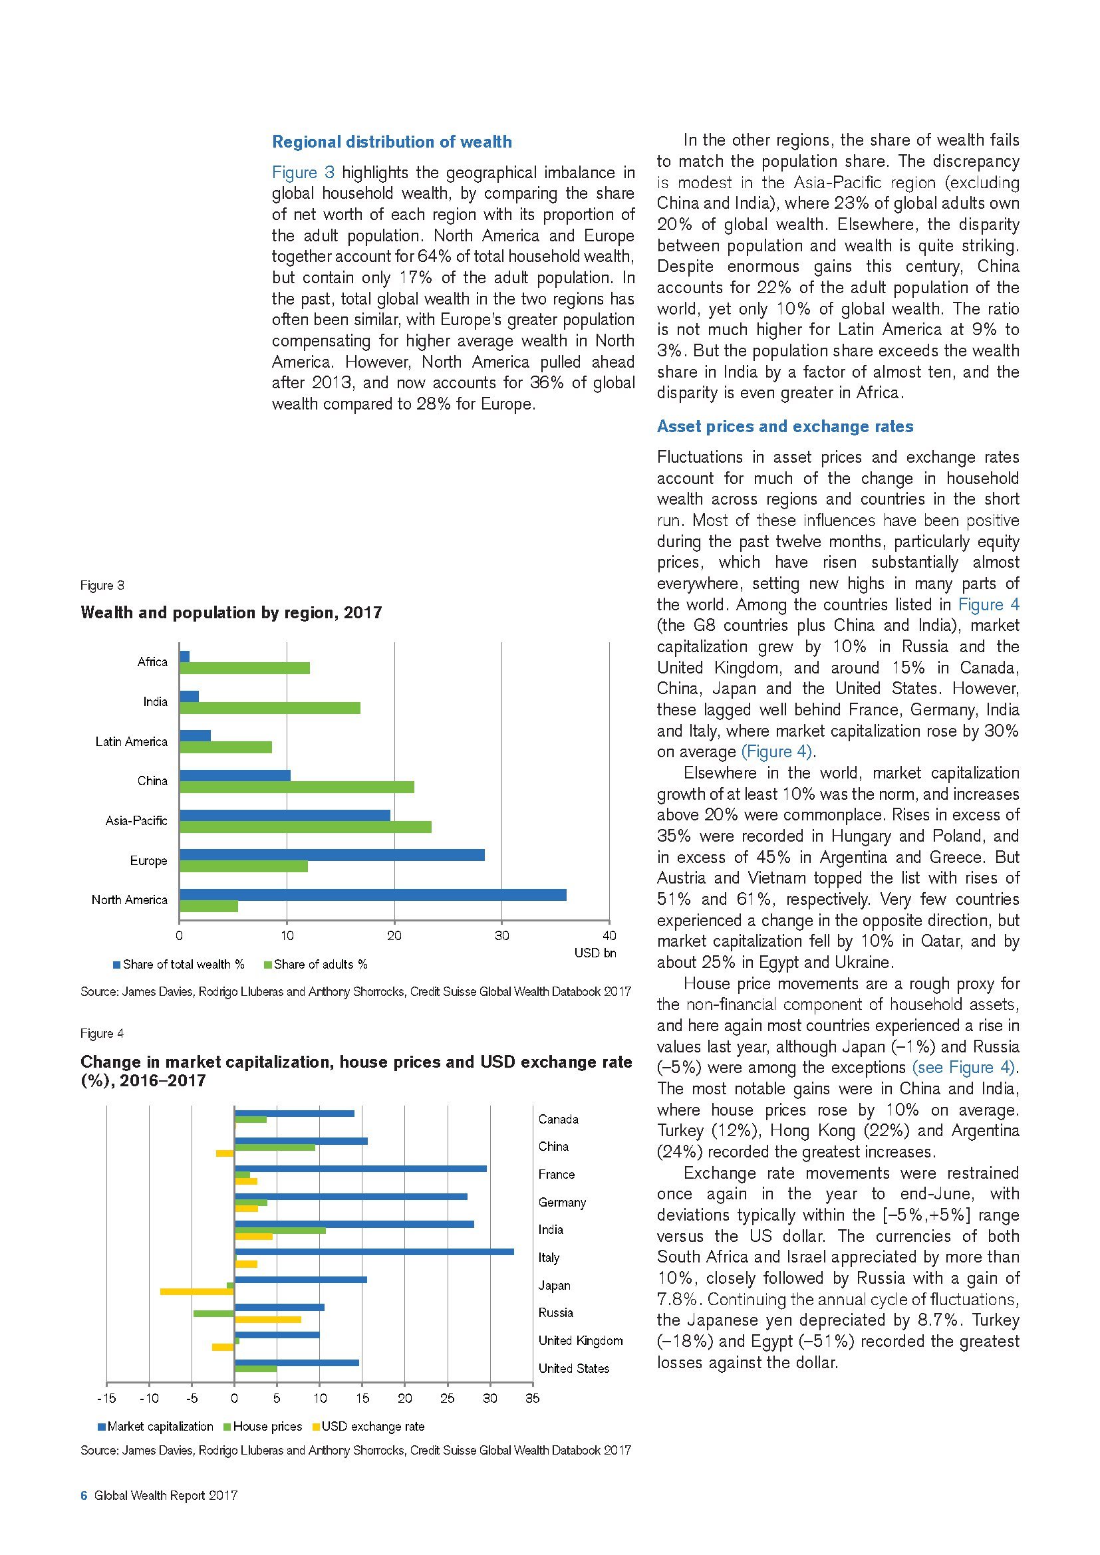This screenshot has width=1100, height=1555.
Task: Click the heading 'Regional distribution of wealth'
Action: (x=392, y=142)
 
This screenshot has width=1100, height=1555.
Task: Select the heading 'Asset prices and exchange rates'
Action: (x=784, y=427)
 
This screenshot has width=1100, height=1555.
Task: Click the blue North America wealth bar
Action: (x=372, y=895)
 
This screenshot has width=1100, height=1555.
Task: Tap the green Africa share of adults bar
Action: (x=245, y=668)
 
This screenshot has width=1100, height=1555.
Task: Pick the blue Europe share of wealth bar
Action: (x=332, y=855)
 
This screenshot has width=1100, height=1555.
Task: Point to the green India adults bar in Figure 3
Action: (x=269, y=709)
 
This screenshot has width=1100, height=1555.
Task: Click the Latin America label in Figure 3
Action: (x=132, y=742)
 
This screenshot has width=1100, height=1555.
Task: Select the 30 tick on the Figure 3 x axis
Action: (x=501, y=936)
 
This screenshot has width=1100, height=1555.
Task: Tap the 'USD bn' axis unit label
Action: (x=595, y=953)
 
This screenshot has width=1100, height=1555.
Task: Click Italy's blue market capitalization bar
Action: (x=374, y=1253)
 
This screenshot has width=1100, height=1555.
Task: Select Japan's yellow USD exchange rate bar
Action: (x=197, y=1292)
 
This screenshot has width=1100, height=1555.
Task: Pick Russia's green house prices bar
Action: (x=214, y=1313)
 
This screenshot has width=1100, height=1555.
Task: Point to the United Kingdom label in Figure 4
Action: (x=580, y=1340)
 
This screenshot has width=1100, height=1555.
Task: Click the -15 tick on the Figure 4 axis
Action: (x=106, y=1398)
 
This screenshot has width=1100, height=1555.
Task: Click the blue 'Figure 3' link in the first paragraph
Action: (x=303, y=173)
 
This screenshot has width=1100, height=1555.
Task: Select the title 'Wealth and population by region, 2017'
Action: (x=231, y=613)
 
